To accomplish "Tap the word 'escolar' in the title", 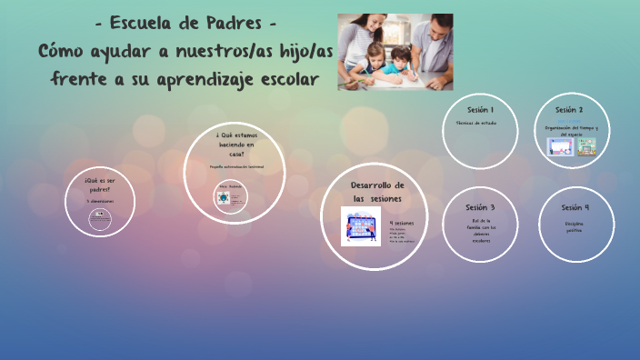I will [x=286, y=79].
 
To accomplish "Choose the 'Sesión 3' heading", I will [x=480, y=207].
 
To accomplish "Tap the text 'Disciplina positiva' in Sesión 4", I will [x=575, y=226].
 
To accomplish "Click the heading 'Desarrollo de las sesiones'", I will [x=376, y=191].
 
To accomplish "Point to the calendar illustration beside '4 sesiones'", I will [x=360, y=225].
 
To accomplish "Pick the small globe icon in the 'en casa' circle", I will [x=223, y=198].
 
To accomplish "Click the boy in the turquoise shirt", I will [x=396, y=68].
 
